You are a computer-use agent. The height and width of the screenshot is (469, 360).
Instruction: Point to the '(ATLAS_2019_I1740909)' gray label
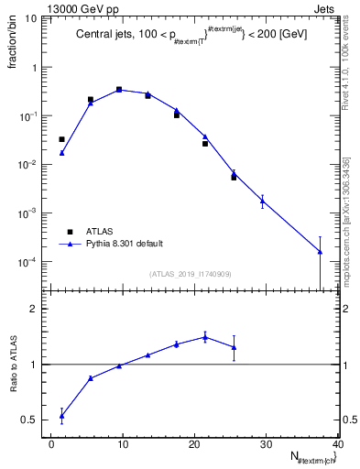coord(191,274)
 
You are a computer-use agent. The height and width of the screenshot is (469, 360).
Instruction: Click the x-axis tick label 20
coord(194,445)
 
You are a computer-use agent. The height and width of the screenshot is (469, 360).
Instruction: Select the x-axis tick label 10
coord(123,445)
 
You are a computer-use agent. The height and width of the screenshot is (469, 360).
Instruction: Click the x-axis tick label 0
coord(52,445)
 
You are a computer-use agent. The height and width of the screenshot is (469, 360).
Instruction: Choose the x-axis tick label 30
coord(266,445)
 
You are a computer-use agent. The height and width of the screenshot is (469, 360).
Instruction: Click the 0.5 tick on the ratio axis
coord(33,420)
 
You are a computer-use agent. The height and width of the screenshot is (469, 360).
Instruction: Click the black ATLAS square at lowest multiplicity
coord(61,139)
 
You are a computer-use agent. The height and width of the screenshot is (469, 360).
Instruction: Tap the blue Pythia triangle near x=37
coord(320,252)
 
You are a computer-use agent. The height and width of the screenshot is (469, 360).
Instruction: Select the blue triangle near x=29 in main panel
coord(263,201)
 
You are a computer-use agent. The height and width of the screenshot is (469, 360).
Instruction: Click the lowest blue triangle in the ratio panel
coord(61,416)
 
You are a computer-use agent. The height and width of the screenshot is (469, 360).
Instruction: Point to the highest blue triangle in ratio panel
coord(205,337)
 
